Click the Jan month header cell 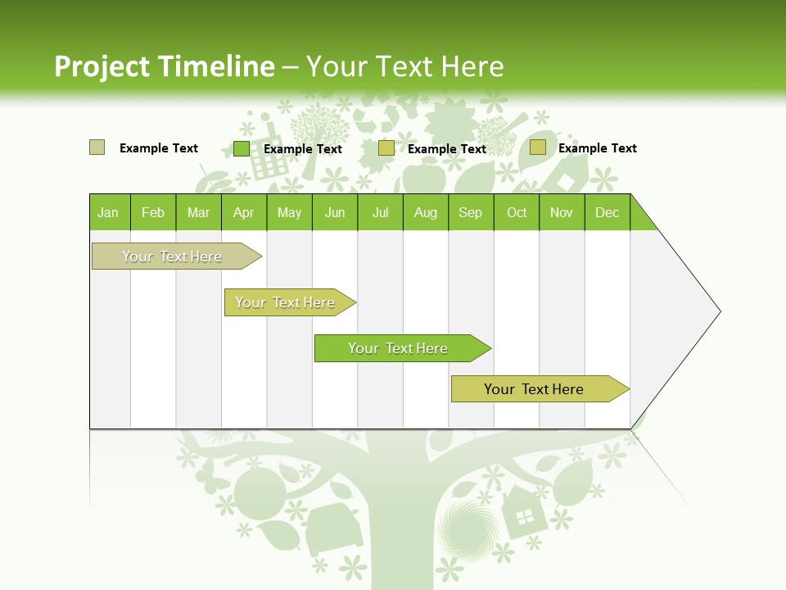[109, 212]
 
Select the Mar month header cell [198, 212]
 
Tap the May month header [289, 212]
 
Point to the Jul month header [380, 212]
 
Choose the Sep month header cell [470, 212]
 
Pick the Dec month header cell [607, 212]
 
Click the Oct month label [517, 212]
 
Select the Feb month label [153, 212]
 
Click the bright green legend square [242, 148]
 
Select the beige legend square [97, 147]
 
